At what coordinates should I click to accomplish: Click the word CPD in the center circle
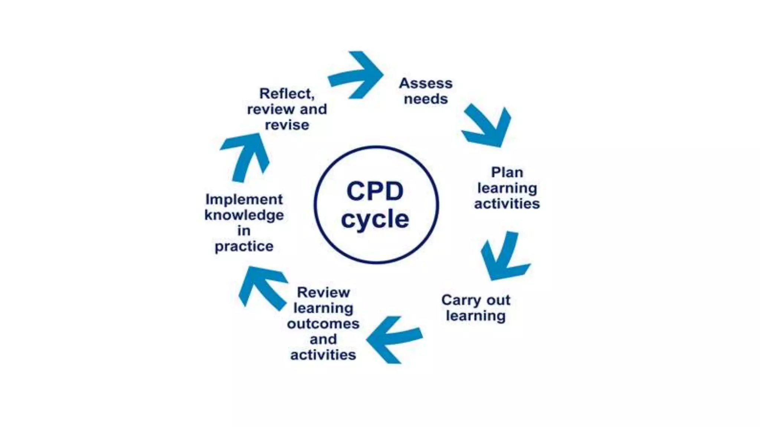[x=375, y=191]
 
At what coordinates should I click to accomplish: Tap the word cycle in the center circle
[x=375, y=219]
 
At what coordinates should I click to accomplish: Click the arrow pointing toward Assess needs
[x=358, y=75]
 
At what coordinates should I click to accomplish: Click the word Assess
[x=426, y=83]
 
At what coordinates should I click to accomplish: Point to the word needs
[x=426, y=99]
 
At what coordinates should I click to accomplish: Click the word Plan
[x=507, y=172]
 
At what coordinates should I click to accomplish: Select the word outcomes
[x=323, y=324]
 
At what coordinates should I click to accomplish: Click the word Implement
[x=244, y=199]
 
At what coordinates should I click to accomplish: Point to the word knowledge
[x=244, y=215]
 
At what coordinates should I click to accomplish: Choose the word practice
[x=244, y=246]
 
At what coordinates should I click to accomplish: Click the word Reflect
[x=286, y=94]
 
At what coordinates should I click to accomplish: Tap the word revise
[x=286, y=125]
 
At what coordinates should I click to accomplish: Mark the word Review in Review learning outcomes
[x=323, y=292]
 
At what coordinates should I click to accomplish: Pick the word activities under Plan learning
[x=507, y=204]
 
